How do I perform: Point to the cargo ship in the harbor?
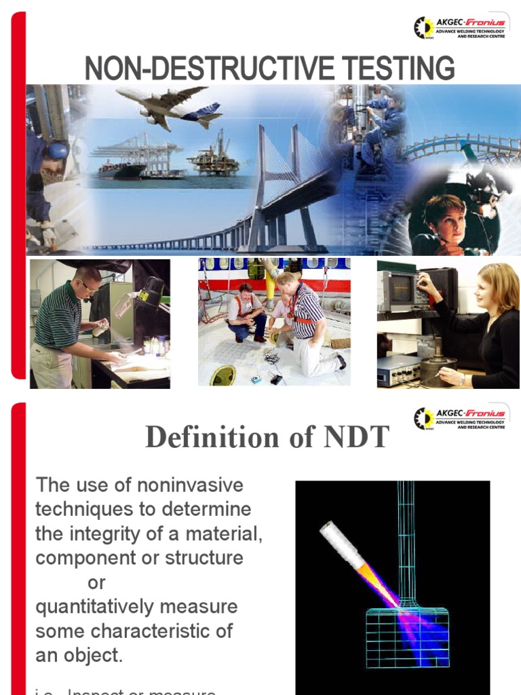click(x=121, y=170)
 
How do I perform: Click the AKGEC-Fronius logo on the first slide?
click(x=461, y=28)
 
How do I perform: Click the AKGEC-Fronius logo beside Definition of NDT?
click(x=461, y=417)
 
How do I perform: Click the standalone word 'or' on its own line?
click(x=97, y=582)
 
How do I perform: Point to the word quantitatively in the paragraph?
click(x=94, y=606)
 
